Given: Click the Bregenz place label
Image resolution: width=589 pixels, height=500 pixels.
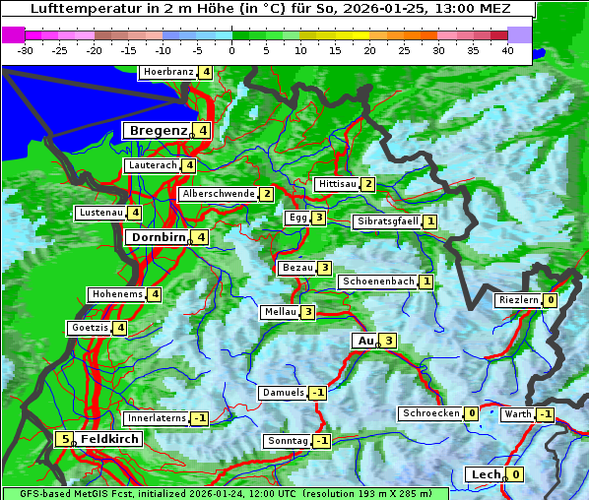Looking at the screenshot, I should [158, 130].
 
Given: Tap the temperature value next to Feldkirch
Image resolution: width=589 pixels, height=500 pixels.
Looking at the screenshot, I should [64, 439].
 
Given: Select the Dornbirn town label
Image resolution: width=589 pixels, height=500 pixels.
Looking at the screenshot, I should [158, 237].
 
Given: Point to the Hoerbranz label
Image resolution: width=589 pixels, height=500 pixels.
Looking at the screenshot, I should [166, 72].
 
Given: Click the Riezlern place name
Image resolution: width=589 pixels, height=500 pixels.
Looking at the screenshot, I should [518, 300].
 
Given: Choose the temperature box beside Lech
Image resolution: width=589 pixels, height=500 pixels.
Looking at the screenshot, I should [514, 474].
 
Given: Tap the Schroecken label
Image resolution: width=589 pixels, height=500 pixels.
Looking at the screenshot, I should [430, 413].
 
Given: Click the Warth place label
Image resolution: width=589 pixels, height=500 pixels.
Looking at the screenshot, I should [518, 414].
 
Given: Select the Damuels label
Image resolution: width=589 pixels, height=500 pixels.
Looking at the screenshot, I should [283, 393].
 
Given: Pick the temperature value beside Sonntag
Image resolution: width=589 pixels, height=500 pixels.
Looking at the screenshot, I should [321, 441].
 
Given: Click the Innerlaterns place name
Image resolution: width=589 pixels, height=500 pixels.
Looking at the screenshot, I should [158, 418].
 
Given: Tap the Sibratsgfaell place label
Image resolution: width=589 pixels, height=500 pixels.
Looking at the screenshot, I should [387, 221].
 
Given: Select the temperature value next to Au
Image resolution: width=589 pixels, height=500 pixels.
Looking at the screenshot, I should [388, 341].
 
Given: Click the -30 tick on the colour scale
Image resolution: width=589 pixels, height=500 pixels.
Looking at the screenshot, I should [26, 49].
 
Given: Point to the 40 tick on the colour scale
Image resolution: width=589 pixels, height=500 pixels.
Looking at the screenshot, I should [507, 49].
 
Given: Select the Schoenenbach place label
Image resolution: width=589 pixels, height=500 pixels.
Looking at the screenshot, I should [377, 281].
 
